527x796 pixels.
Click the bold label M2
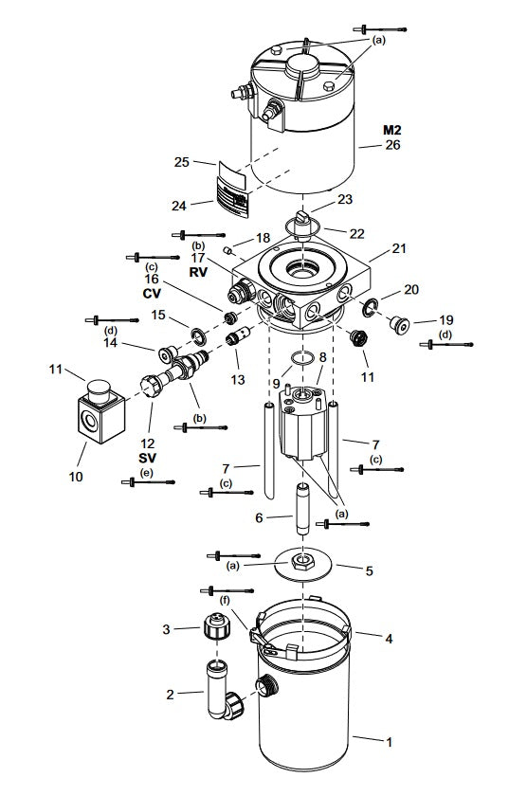[x=393, y=129]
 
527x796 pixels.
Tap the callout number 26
[x=393, y=145]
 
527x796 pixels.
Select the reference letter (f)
[x=224, y=599]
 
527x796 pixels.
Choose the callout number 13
[x=237, y=379]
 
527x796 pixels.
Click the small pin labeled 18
[x=228, y=250]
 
